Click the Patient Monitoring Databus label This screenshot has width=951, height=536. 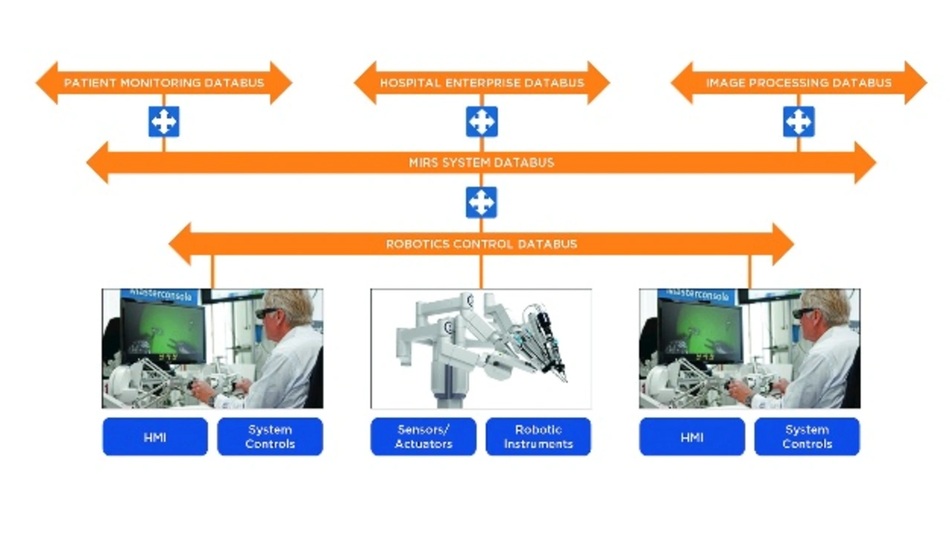point(164,83)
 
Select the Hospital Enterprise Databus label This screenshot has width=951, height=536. point(482,83)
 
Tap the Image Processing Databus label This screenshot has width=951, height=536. point(799,83)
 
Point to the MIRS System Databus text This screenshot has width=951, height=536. point(481,163)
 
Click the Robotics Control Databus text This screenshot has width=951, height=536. point(481,245)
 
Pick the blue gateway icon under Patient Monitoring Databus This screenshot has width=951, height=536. point(164,122)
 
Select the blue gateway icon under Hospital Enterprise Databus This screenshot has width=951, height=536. point(482,122)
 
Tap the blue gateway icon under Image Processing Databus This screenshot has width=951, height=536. point(799,122)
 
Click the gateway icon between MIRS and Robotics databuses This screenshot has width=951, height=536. point(481,203)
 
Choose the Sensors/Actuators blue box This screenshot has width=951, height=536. point(423,436)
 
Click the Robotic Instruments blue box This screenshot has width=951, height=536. point(539,436)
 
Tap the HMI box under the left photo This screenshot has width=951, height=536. point(155,436)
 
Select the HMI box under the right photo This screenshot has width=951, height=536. point(692,436)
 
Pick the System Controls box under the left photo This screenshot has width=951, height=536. point(270,436)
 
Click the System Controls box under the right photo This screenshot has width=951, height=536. point(807,436)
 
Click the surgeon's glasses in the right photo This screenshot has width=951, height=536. point(804,313)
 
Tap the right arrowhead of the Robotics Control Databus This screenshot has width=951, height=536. point(782,245)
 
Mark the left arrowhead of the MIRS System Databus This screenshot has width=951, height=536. point(97,163)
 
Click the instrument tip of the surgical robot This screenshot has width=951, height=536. point(565,379)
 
